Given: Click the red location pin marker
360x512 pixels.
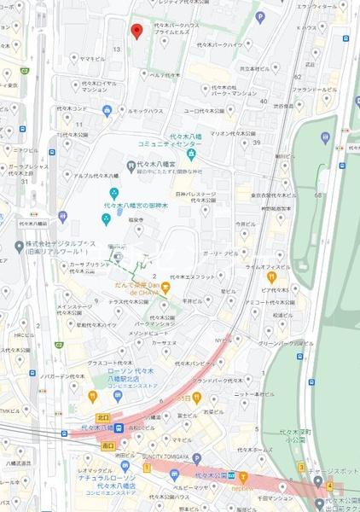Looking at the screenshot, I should [x=136, y=32].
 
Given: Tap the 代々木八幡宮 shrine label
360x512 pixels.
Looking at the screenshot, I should [x=157, y=164].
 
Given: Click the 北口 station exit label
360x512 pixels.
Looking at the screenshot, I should [x=103, y=417].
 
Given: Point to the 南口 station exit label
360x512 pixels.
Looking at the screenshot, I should [x=108, y=446].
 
